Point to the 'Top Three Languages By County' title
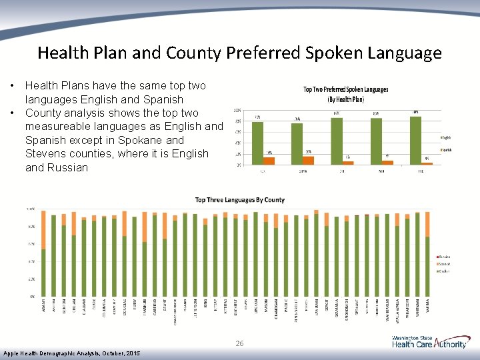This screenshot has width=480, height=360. click(239, 199)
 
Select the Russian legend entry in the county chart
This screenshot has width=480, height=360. click(444, 257)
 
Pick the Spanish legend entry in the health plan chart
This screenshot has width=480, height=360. click(445, 150)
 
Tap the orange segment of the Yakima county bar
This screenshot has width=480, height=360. click(427, 224)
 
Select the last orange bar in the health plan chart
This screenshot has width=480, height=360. click(427, 163)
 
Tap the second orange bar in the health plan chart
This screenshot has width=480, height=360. click(308, 160)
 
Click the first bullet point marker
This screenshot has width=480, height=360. click(12, 86)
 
